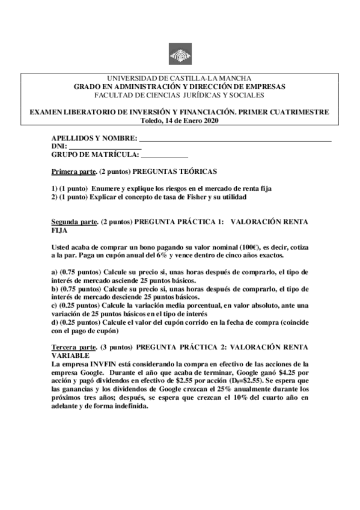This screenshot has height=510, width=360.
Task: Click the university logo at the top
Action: point(180,55)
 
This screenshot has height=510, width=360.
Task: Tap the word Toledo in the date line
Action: point(150,120)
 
